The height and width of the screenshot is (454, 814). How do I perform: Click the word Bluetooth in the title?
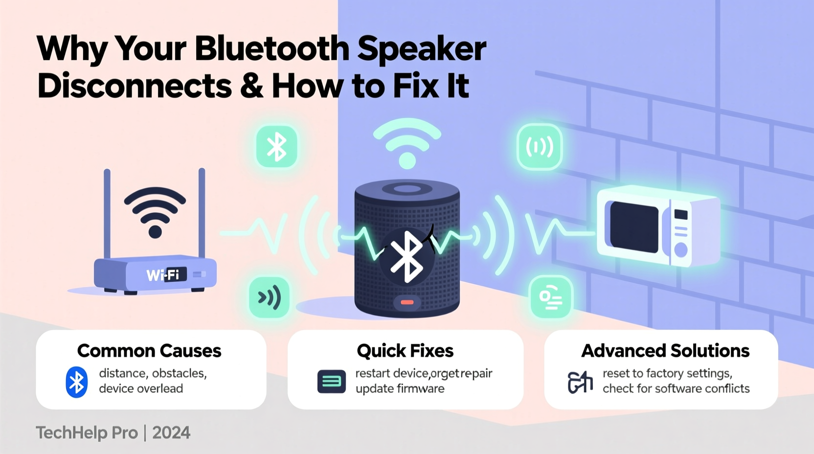point(272,49)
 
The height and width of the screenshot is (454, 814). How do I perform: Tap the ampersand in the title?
point(251,86)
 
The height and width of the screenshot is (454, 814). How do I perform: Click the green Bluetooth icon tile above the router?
point(277,147)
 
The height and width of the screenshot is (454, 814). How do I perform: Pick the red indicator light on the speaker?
point(407,302)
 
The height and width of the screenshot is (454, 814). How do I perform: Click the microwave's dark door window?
point(634,227)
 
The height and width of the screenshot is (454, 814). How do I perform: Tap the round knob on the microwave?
point(680,250)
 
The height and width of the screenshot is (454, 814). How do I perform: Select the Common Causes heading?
point(149,351)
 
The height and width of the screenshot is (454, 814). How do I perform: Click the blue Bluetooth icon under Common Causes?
point(77,382)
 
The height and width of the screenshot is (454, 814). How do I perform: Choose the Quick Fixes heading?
point(405,351)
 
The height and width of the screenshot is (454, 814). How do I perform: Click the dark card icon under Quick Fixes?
point(331,382)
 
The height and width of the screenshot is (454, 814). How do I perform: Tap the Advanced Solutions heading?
point(665,351)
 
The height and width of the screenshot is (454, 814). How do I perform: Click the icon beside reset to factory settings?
point(580,382)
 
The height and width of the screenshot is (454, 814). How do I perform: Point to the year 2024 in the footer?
point(171,433)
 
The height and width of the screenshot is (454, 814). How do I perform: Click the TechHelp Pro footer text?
point(87,433)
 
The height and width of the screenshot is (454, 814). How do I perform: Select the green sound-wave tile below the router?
point(269,297)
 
